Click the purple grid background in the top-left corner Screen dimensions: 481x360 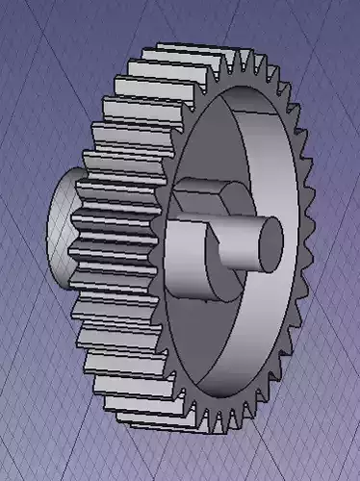tap(29, 29)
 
